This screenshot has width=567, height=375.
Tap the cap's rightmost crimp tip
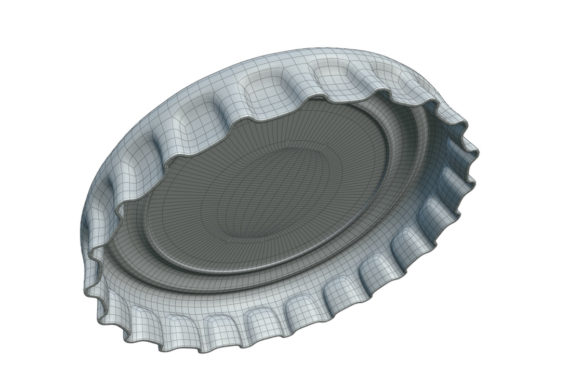click(x=478, y=152)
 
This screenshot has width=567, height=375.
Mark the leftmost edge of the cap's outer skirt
click(x=81, y=229)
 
